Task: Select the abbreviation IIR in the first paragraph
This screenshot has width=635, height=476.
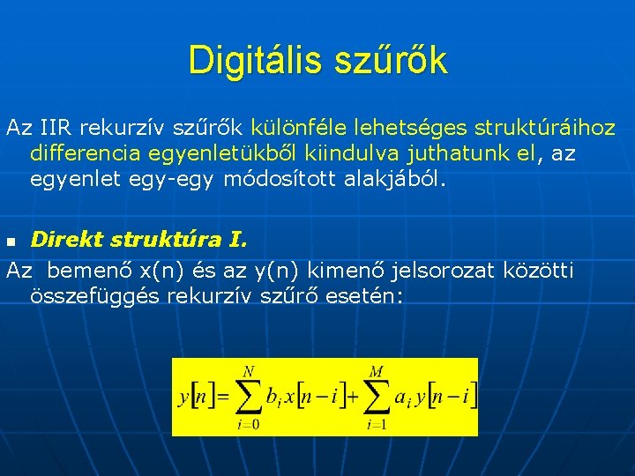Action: (x=54, y=128)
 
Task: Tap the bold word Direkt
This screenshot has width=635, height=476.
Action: (x=65, y=239)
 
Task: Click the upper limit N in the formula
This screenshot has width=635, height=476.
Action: (x=249, y=371)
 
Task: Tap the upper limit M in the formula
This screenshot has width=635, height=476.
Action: (x=377, y=371)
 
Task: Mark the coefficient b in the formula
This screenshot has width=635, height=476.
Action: (x=273, y=398)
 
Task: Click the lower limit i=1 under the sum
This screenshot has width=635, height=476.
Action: (x=377, y=426)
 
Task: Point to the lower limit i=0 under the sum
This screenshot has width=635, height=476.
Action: (x=248, y=426)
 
